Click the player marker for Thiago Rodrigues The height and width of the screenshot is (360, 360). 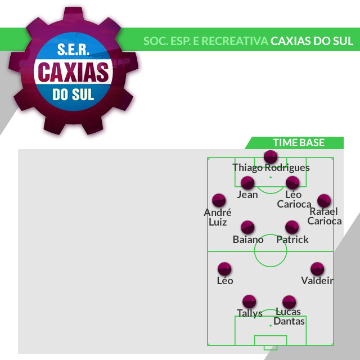tap(271, 156)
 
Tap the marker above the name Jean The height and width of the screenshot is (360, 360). tap(247, 183)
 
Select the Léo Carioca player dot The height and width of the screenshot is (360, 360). tap(292, 183)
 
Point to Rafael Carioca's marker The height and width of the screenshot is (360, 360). tap(323, 200)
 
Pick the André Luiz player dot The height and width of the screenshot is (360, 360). tap(218, 200)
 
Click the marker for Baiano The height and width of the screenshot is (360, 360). tap(247, 227)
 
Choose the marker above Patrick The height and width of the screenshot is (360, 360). tap(292, 227)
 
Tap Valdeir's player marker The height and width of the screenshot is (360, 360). tap(317, 269)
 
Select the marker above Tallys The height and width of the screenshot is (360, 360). tap(249, 301)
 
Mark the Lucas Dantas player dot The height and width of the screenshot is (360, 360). tap(289, 301)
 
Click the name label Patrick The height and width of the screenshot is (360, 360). tap(292, 240)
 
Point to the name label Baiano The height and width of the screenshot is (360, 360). tap(248, 240)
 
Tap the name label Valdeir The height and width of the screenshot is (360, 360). tap(317, 281)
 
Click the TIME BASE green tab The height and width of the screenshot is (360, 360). tap(298, 143)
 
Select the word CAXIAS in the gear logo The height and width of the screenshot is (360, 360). tap(73, 72)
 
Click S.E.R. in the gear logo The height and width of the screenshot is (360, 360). tap(73, 51)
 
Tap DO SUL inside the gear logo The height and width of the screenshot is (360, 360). tap(73, 94)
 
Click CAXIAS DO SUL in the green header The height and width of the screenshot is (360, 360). tap(312, 41)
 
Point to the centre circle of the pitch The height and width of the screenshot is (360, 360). tap(271, 251)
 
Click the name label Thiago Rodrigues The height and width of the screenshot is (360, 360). tap(271, 168)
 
